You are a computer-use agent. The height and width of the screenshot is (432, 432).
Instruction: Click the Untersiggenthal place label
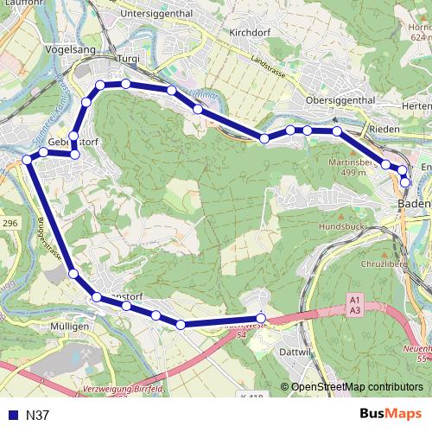[157, 14]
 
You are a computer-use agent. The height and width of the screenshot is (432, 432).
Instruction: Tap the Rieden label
[384, 129]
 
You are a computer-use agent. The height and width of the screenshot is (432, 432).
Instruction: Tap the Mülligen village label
[69, 327]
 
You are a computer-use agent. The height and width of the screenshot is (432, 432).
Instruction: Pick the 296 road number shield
[10, 223]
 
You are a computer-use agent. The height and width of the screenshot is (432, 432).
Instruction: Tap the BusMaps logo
[391, 414]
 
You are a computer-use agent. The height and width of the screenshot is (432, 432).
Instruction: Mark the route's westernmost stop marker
[27, 160]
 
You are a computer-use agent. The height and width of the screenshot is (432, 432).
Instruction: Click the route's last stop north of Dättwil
[261, 319]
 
